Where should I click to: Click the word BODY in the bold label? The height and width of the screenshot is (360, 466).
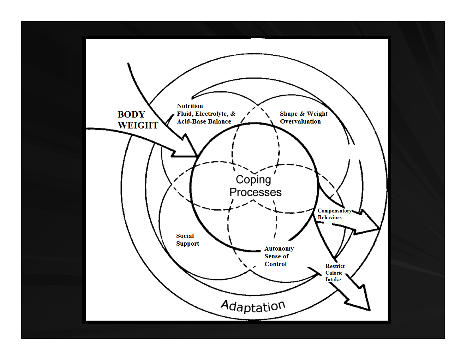pyautogui.click(x=131, y=115)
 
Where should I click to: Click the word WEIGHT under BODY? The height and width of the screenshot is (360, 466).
pyautogui.click(x=138, y=126)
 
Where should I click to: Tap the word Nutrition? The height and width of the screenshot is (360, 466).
pyautogui.click(x=190, y=106)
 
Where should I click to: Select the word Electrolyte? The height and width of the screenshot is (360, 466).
pyautogui.click(x=211, y=114)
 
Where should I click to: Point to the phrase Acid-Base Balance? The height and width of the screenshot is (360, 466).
pyautogui.click(x=204, y=121)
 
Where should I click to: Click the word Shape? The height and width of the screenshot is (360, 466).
pyautogui.click(x=288, y=114)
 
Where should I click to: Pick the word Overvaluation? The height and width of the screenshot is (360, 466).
pyautogui.click(x=300, y=121)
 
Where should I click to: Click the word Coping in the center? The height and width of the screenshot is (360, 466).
pyautogui.click(x=253, y=180)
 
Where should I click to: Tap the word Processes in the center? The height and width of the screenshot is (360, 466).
pyautogui.click(x=255, y=192)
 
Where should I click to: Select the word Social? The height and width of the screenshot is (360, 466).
pyautogui.click(x=185, y=236)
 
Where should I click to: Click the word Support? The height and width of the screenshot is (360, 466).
pyautogui.click(x=187, y=244)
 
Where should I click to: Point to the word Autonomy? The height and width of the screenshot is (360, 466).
pyautogui.click(x=279, y=248)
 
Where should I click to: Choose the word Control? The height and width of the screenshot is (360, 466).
pyautogui.click(x=275, y=264)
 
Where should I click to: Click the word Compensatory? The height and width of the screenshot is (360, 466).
pyautogui.click(x=334, y=211)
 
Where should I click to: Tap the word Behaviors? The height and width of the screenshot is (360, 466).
pyautogui.click(x=329, y=217)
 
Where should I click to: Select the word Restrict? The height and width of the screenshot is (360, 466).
pyautogui.click(x=335, y=266)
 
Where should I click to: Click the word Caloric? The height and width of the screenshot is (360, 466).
pyautogui.click(x=334, y=273)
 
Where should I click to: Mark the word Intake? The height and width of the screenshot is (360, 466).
pyautogui.click(x=333, y=280)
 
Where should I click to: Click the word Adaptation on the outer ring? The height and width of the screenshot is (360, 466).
pyautogui.click(x=253, y=306)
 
